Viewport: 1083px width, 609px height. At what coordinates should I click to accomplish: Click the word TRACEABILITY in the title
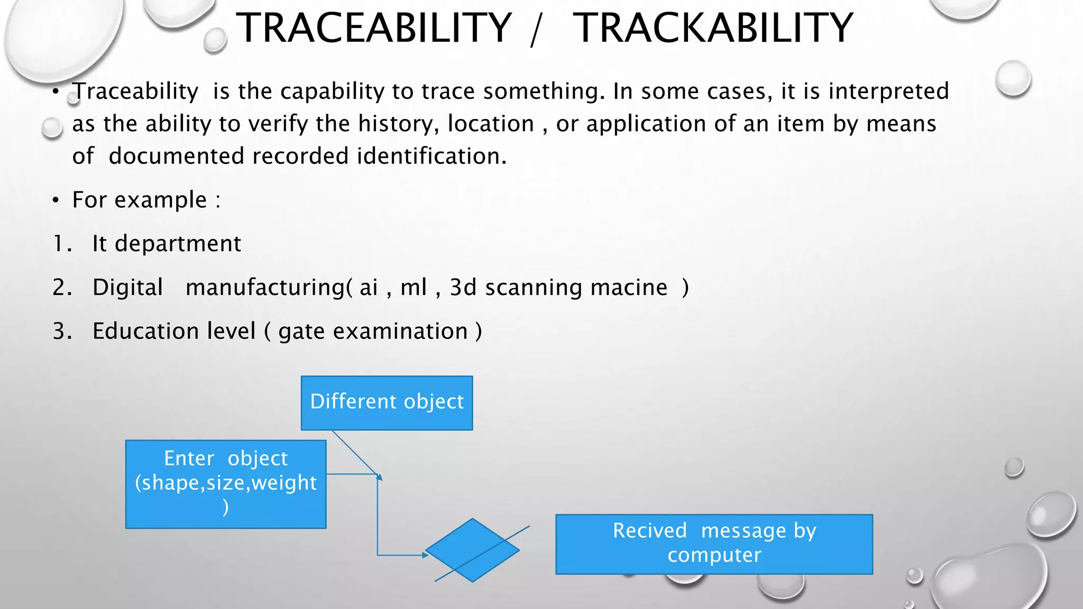point(373,29)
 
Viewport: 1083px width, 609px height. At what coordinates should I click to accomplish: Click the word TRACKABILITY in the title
point(713,29)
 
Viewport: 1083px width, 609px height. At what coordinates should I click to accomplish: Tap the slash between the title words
point(536,31)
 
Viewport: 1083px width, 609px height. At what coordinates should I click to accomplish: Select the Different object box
point(387,403)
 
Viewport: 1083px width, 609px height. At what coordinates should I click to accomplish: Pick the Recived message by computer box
point(714,544)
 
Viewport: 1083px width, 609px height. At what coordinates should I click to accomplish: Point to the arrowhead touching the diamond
point(425,555)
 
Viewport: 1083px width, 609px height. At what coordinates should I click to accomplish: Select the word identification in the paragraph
point(430,156)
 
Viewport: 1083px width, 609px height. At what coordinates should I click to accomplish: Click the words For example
point(140,200)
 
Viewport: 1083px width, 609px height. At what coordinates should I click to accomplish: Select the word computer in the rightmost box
point(714,555)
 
